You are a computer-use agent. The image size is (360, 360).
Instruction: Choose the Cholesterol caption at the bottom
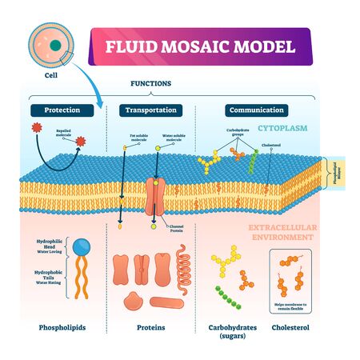tap(298, 327)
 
